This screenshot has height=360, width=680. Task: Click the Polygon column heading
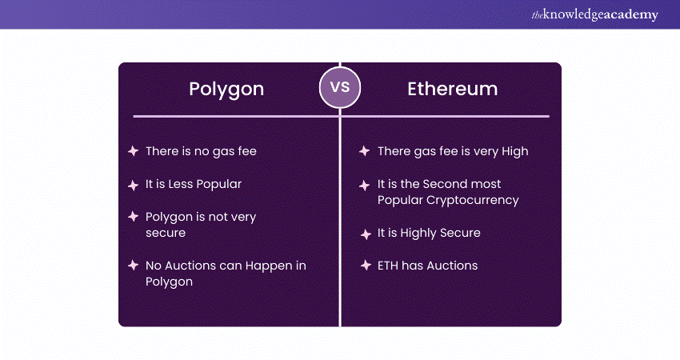click(226, 90)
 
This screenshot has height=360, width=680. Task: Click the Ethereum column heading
click(452, 89)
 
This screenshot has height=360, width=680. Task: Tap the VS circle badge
click(340, 87)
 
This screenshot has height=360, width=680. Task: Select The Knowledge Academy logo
click(594, 14)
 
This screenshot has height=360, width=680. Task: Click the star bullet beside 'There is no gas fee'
click(133, 151)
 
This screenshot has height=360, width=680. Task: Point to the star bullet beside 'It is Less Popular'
click(133, 186)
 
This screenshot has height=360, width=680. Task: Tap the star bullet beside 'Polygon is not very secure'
click(133, 217)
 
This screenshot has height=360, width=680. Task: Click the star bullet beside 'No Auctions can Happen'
click(133, 265)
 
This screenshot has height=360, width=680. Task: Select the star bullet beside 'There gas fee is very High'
click(364, 151)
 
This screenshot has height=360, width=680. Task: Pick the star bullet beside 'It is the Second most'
click(364, 186)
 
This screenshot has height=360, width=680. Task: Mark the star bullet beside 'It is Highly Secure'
click(366, 234)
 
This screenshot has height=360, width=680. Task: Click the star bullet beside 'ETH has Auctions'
click(366, 265)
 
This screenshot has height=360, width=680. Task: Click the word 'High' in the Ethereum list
click(514, 152)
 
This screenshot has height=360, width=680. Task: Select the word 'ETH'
click(388, 266)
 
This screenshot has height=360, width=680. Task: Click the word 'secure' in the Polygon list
click(166, 234)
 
